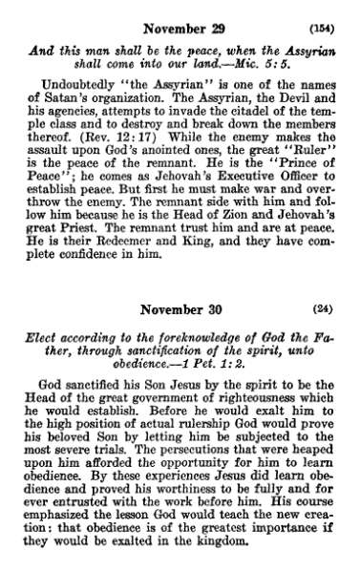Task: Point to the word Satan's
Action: click(68, 96)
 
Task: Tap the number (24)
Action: click(325, 310)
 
